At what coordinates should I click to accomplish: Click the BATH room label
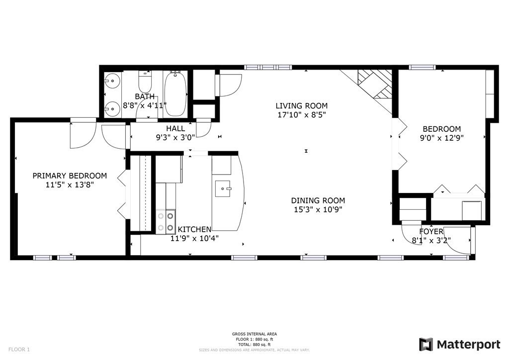(x=145, y=96)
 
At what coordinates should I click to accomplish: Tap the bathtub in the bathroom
(x=175, y=94)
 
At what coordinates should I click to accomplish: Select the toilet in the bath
(x=145, y=82)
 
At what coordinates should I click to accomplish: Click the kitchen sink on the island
(x=223, y=188)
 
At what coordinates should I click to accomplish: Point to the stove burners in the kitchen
(x=166, y=222)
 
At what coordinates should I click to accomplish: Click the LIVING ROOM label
(x=302, y=105)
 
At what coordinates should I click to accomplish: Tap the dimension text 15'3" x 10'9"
(x=318, y=210)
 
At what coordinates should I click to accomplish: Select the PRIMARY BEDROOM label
(x=70, y=176)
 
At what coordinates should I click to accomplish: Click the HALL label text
(x=175, y=128)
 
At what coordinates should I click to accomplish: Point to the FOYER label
(x=431, y=231)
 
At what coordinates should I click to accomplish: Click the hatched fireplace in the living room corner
(x=375, y=84)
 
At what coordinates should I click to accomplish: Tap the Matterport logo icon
(x=426, y=345)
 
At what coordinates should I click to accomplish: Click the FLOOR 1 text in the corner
(x=19, y=350)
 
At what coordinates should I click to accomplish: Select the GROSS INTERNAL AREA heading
(x=254, y=334)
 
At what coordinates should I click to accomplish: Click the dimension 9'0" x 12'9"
(x=442, y=138)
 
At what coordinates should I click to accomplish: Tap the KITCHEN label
(x=194, y=230)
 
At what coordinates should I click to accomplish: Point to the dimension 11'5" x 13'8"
(x=70, y=184)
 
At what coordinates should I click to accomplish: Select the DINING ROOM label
(x=318, y=200)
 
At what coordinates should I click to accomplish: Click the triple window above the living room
(x=268, y=68)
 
